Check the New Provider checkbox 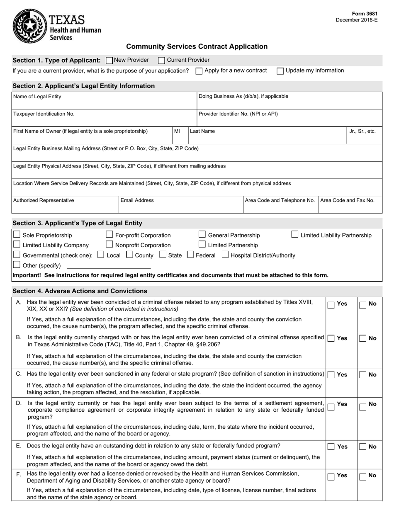click(x=109, y=60)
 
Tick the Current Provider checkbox click(x=162, y=60)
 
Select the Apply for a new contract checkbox click(x=199, y=71)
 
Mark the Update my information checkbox click(x=280, y=71)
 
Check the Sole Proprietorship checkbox click(x=17, y=235)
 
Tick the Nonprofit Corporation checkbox click(x=109, y=245)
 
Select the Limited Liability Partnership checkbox click(x=294, y=235)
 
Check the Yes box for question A click(x=331, y=305)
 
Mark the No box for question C click(x=362, y=375)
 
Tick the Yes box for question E click(x=331, y=447)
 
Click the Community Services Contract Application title click(x=197, y=47)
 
